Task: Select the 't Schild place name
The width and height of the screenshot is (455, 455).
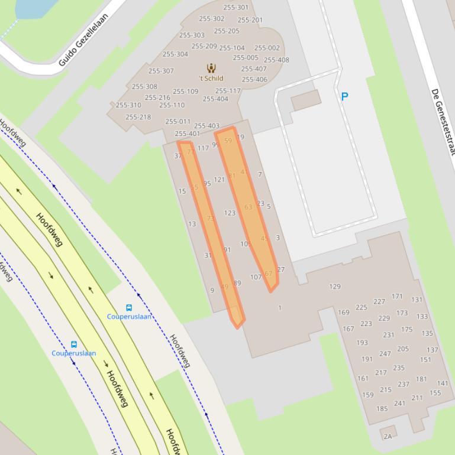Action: (211, 78)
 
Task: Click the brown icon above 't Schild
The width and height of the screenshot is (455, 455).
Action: (211, 68)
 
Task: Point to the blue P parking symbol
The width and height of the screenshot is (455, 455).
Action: (344, 96)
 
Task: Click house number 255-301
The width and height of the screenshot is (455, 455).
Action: (235, 8)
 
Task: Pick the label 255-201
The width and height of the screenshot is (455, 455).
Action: (250, 20)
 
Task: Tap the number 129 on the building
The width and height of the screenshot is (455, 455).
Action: (335, 287)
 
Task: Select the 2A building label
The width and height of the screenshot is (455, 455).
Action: (388, 437)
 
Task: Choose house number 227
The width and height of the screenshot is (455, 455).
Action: (379, 301)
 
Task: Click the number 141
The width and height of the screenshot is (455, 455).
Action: (443, 383)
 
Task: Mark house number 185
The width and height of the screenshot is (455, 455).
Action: (382, 408)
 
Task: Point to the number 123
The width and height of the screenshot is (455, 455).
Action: (230, 213)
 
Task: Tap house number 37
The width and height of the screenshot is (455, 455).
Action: (178, 156)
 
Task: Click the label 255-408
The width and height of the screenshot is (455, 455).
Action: (276, 60)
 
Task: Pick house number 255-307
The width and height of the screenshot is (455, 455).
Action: (161, 71)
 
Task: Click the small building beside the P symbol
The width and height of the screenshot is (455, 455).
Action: (306, 99)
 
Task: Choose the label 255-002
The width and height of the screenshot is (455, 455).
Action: (267, 48)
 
